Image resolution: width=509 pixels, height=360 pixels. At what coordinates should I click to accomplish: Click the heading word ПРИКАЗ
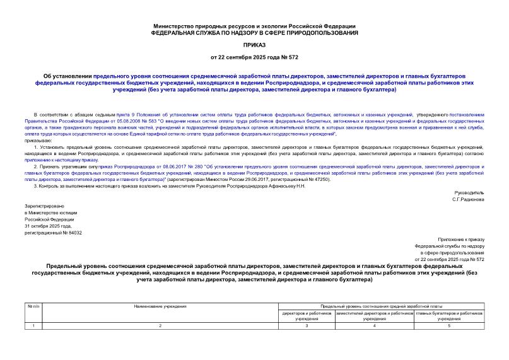[254, 45]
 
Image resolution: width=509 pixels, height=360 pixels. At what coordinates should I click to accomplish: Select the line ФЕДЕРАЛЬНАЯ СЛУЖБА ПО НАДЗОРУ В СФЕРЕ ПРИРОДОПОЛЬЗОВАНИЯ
[254, 32]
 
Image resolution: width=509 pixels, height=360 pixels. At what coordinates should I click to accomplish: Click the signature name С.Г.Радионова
[469, 199]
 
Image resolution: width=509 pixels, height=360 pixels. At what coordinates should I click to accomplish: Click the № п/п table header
[33, 306]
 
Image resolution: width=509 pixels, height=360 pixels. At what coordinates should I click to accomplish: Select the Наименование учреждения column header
[160, 306]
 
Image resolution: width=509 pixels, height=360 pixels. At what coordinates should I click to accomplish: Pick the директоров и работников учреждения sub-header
[307, 316]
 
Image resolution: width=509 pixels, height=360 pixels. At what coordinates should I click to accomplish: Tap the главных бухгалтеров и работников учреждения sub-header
[449, 316]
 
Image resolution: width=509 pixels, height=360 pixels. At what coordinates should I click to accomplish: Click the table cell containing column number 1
[33, 325]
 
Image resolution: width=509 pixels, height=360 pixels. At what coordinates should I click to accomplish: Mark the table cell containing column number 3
[307, 325]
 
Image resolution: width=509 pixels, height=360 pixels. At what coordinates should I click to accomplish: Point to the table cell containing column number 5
[449, 325]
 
